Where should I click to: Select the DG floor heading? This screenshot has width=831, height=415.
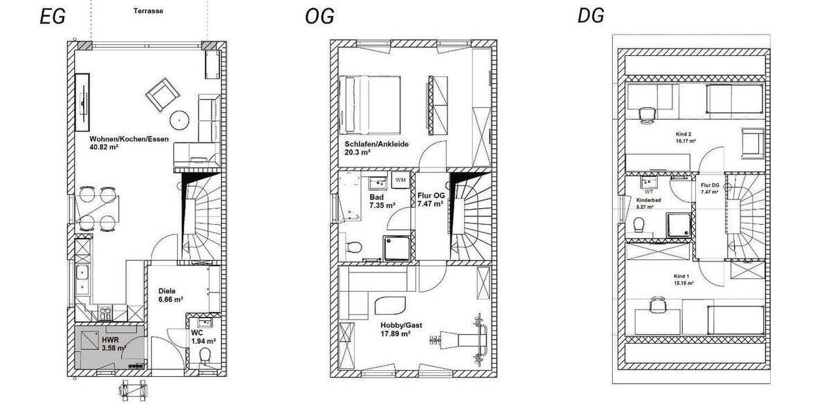pyautogui.click(x=590, y=16)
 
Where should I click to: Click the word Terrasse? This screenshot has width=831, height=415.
pyautogui.click(x=149, y=12)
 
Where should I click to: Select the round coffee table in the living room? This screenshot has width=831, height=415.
pyautogui.click(x=181, y=120)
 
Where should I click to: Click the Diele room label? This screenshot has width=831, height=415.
pyautogui.click(x=167, y=290)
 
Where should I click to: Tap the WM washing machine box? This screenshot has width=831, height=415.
pyautogui.click(x=400, y=180)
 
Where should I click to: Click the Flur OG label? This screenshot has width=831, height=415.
pyautogui.click(x=431, y=196)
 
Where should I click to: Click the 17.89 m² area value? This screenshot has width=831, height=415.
pyautogui.click(x=395, y=333)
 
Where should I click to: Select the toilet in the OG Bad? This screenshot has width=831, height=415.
pyautogui.click(x=352, y=248)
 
